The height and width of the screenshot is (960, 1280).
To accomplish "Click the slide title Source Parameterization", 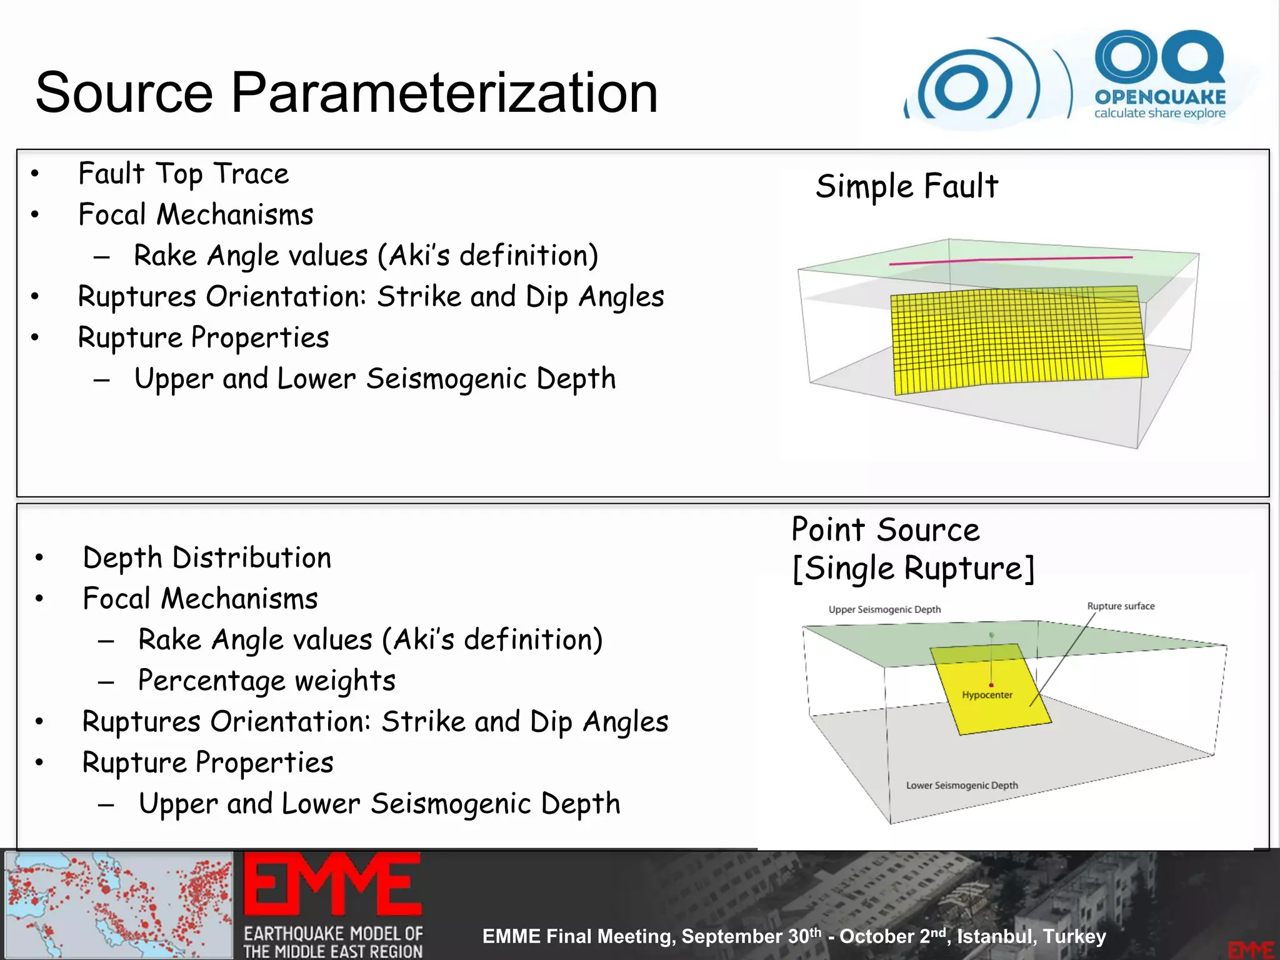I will pyautogui.click(x=346, y=92).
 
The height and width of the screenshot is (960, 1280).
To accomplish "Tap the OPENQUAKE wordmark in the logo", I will pyautogui.click(x=1160, y=97).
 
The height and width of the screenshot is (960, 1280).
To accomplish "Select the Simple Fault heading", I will pyautogui.click(x=907, y=186).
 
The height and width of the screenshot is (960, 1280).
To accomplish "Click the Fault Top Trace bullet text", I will pyautogui.click(x=183, y=174).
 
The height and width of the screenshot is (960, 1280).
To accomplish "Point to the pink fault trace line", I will pyautogui.click(x=1011, y=260).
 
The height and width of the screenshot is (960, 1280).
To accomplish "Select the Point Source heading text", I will pyautogui.click(x=885, y=530).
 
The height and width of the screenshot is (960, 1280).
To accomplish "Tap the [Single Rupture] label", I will pyautogui.click(x=913, y=569).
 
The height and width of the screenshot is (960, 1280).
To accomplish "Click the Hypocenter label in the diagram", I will pyautogui.click(x=987, y=695).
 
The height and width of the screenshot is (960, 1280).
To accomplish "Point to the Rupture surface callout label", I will pyautogui.click(x=1121, y=606).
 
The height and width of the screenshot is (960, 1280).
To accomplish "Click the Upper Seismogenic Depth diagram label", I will pyautogui.click(x=884, y=609).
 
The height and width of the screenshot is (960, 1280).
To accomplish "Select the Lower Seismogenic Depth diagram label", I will pyautogui.click(x=962, y=786).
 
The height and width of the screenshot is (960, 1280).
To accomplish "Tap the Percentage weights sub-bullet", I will pyautogui.click(x=267, y=681).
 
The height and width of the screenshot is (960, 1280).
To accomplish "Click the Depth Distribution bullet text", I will pyautogui.click(x=207, y=557).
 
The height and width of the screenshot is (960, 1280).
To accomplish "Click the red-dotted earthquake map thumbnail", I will pyautogui.click(x=119, y=904).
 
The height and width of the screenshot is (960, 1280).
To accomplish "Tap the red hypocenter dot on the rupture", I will pyautogui.click(x=991, y=686).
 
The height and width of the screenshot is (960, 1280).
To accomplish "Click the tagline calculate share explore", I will pyautogui.click(x=1159, y=114).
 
